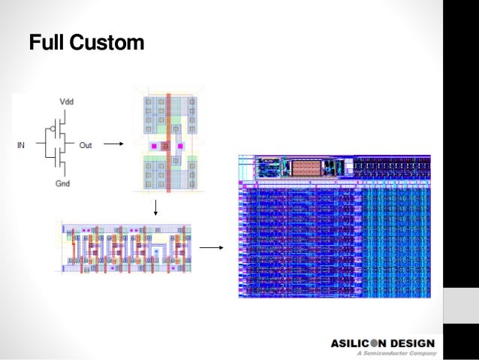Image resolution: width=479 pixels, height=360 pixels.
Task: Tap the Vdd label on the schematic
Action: tap(66, 101)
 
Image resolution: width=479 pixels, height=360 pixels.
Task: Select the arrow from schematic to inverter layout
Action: tap(113, 144)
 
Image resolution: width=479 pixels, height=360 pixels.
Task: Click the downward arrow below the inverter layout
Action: tap(155, 207)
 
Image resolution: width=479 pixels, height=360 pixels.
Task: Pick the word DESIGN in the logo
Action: tap(414, 343)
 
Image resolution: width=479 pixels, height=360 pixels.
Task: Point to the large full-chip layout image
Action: tap(335, 225)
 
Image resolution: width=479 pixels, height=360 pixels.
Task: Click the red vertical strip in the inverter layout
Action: tap(169, 144)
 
